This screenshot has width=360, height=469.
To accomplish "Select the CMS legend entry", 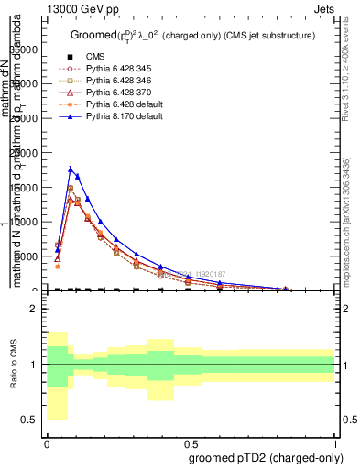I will tap(94, 57).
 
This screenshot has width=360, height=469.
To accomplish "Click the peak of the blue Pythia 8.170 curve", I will tap(71, 169).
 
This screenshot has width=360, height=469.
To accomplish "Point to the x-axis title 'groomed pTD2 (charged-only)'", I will tap(262, 457).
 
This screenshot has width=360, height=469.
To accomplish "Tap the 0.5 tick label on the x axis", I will tap(190, 443).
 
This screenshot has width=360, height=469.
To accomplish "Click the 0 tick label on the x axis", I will tap(46, 443).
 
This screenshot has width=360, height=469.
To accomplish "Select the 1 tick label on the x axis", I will tap(334, 443).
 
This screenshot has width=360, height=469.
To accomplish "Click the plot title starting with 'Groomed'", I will tap(193, 36).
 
